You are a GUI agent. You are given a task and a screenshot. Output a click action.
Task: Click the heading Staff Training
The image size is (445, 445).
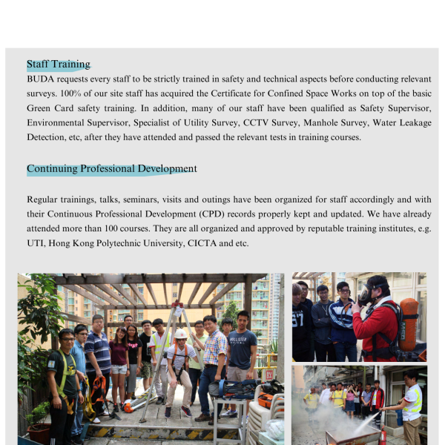pyautogui.click(x=59, y=65)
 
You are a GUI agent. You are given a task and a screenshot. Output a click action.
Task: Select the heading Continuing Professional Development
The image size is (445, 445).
pyautogui.click(x=112, y=169)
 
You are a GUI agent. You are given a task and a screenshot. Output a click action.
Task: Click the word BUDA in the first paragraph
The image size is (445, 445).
pyautogui.click(x=41, y=78)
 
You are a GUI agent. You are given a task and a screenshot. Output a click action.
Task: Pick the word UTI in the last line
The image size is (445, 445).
pyautogui.click(x=35, y=244)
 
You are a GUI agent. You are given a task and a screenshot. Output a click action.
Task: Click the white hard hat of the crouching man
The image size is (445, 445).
pyautogui.click(x=180, y=334)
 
